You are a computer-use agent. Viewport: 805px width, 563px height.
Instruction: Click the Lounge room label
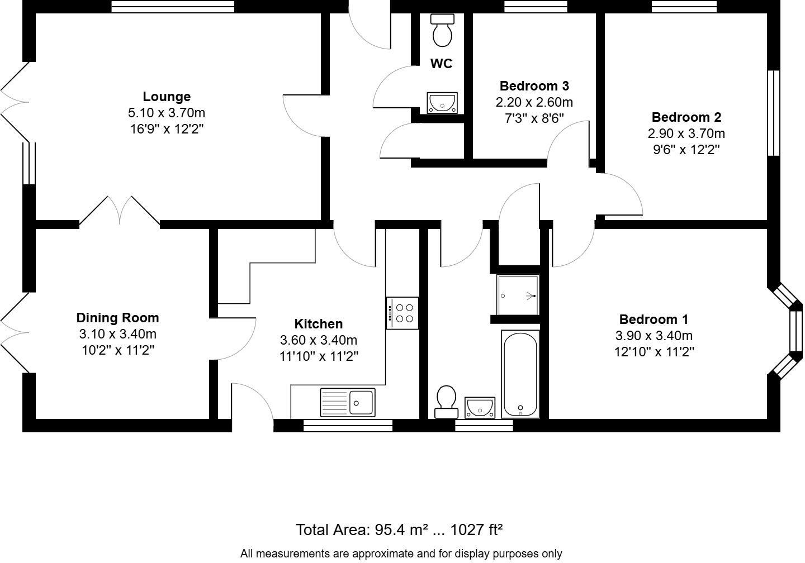pos(167,97)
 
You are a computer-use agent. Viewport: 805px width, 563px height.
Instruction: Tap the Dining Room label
pos(117,318)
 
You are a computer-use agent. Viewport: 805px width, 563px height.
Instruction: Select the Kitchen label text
pos(319,324)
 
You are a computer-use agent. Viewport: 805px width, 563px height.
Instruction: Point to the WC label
pos(441,64)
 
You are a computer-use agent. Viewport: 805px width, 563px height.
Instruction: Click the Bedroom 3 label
pos(534,86)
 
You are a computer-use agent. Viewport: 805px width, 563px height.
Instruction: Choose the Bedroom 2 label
pos(686,117)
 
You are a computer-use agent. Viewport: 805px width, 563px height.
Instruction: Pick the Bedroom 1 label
pos(654,319)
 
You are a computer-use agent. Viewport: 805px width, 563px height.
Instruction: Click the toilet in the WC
pos(442,30)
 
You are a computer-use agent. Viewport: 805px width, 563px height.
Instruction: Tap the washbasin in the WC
pos(442,103)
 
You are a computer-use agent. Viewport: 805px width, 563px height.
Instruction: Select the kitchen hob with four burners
pos(402,313)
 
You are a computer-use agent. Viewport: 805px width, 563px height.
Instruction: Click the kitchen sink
pos(348,403)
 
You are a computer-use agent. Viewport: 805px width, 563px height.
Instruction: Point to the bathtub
pos(520,374)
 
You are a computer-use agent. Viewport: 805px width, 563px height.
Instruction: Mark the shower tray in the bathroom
pos(518,295)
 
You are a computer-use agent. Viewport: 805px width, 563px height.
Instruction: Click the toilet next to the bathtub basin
pos(446,402)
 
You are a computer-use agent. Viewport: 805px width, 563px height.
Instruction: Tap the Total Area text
pos(399,530)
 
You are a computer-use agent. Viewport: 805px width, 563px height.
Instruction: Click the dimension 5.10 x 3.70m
pos(167,113)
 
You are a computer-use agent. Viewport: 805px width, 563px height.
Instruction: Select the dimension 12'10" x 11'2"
pos(654,352)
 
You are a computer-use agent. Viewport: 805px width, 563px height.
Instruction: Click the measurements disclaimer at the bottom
pos(401,554)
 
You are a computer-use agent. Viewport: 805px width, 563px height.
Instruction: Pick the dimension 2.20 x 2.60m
pos(534,102)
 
